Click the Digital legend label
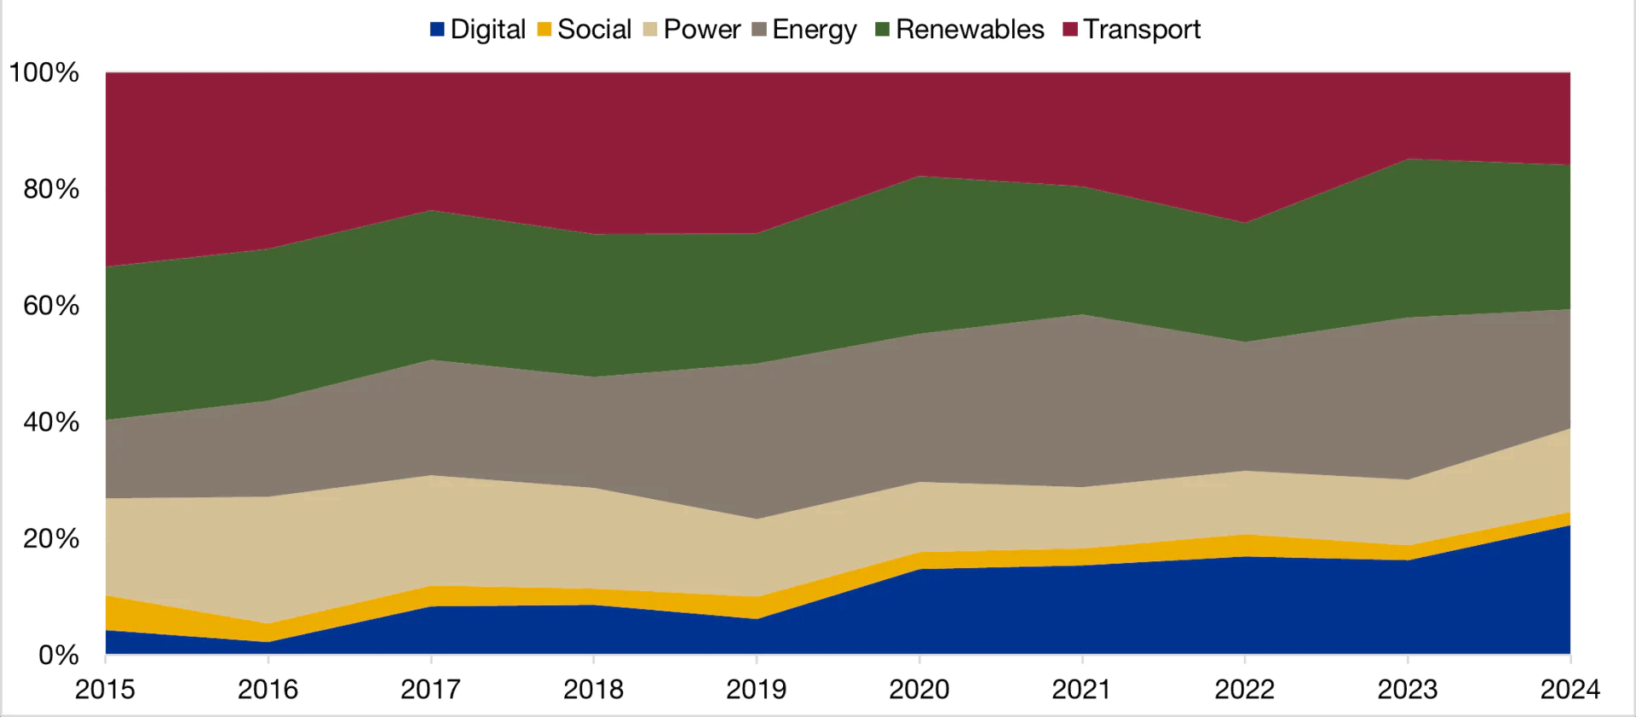click(487, 30)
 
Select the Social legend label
click(594, 30)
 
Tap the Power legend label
click(702, 30)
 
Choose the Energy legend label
click(814, 30)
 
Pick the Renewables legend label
click(970, 30)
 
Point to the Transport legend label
click(1142, 30)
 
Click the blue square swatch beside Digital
click(438, 30)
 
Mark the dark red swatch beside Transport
click(1071, 30)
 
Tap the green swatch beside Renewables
click(883, 30)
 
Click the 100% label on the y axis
click(43, 72)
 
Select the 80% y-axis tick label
click(51, 189)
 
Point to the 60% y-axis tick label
click(51, 306)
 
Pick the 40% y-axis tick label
click(51, 422)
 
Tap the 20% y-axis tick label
click(51, 539)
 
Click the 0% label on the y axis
click(58, 656)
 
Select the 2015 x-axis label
click(105, 689)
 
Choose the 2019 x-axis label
click(756, 689)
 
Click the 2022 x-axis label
click(1244, 689)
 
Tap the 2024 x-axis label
click(1570, 689)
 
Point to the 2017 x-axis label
click(430, 689)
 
